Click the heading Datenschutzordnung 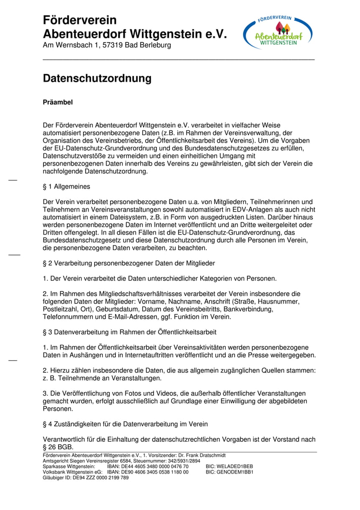97,78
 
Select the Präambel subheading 58,103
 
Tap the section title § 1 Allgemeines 66,187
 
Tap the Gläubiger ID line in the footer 86,477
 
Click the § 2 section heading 129,263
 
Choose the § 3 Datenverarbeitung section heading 130,332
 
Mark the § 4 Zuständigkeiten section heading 125,424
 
